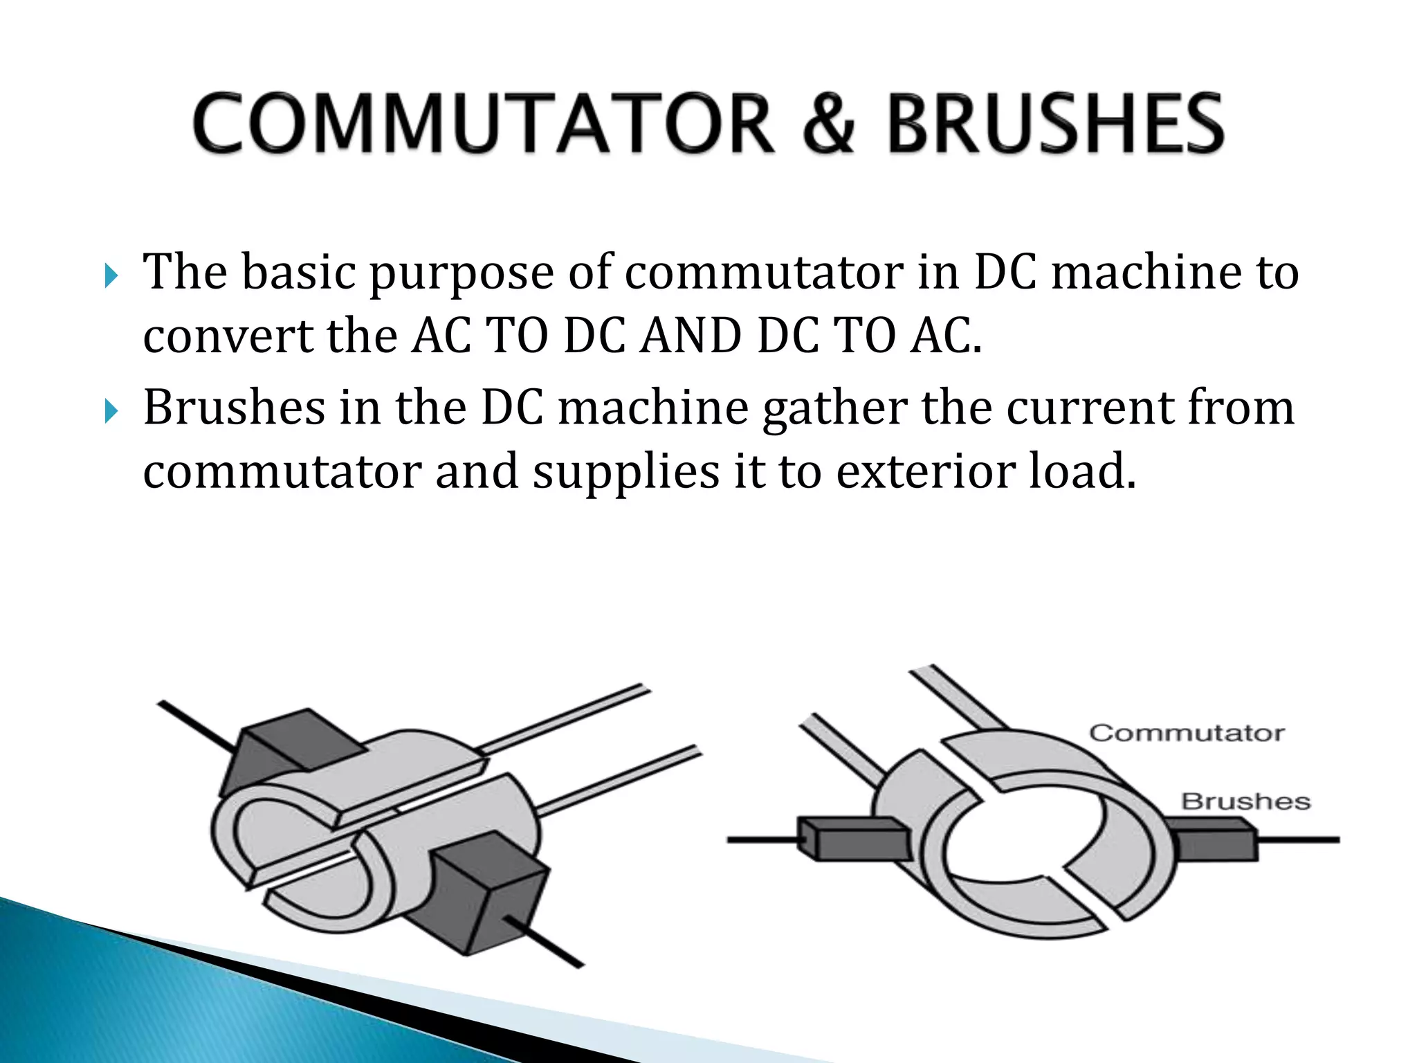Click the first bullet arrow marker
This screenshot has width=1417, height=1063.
pos(111,276)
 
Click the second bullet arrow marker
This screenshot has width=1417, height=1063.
pos(111,412)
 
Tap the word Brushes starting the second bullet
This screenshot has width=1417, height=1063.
pos(234,408)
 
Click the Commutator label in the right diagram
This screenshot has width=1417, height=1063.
pos(1187,733)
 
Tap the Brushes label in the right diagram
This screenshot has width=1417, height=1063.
pos(1245,801)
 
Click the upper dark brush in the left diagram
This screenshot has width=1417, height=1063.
pos(291,747)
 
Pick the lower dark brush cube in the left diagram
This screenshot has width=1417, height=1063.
pos(488,893)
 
